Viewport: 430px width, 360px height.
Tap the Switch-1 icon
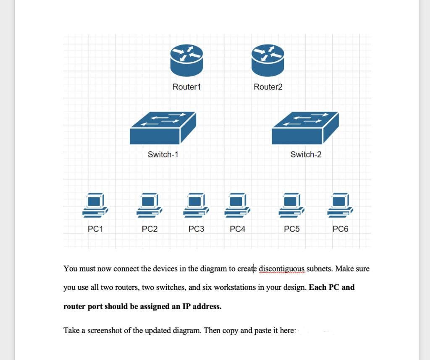(x=163, y=128)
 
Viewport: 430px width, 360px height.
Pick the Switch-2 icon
(x=305, y=128)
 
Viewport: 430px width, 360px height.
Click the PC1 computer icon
(x=95, y=205)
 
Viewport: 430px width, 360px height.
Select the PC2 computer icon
(x=149, y=205)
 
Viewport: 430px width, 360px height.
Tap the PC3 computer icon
(x=196, y=205)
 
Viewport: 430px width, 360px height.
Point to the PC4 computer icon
(x=237, y=205)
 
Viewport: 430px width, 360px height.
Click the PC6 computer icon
(x=340, y=205)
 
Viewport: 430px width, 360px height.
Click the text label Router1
(x=187, y=87)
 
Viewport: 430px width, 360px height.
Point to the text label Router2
(x=268, y=87)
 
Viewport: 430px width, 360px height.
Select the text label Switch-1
(x=163, y=154)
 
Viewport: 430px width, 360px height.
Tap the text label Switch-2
(x=306, y=154)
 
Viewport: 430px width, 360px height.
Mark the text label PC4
(x=237, y=229)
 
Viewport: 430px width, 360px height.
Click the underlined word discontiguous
(x=282, y=269)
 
